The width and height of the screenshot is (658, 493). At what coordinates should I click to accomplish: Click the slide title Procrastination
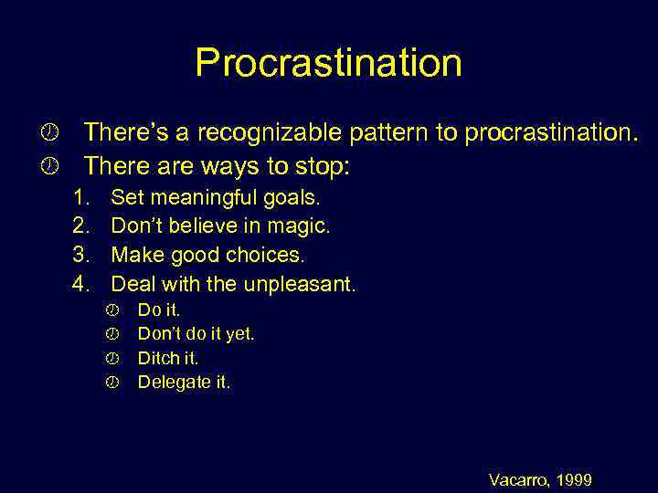click(x=328, y=63)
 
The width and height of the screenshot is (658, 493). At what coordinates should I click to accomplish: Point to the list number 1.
click(x=81, y=197)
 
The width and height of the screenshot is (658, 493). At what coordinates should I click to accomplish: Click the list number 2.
click(x=81, y=226)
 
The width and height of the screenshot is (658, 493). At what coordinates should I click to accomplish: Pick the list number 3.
click(x=81, y=255)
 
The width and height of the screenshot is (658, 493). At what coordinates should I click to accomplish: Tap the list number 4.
click(x=81, y=284)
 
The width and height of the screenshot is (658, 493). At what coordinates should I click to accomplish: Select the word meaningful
click(x=191, y=197)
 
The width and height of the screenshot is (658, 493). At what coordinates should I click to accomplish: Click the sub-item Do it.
click(x=158, y=310)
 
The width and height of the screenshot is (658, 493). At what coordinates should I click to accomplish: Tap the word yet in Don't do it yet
click(x=239, y=334)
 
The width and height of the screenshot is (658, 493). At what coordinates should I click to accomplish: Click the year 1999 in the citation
click(x=574, y=479)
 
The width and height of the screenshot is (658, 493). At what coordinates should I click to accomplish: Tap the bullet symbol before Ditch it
click(x=112, y=359)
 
